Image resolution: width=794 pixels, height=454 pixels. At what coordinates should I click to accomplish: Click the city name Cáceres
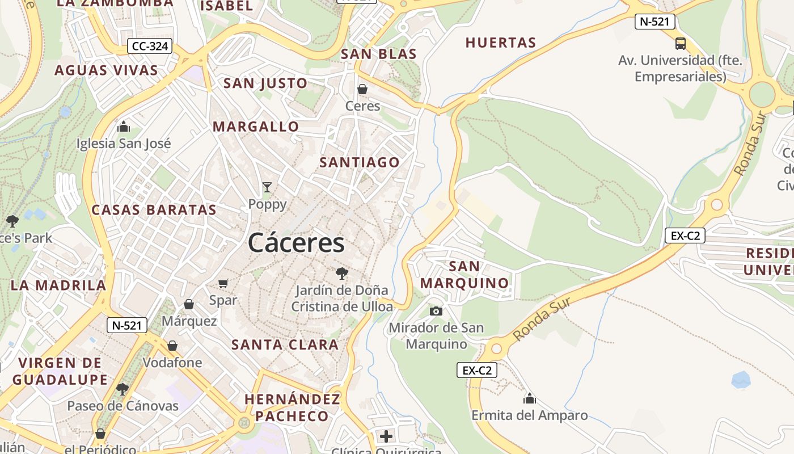pyautogui.click(x=296, y=243)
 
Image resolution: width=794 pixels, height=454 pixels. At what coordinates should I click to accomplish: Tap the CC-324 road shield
pyautogui.click(x=150, y=46)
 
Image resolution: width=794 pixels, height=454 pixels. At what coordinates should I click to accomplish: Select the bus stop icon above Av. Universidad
pyautogui.click(x=681, y=44)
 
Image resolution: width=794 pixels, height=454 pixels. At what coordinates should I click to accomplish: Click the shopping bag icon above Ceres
pyautogui.click(x=362, y=89)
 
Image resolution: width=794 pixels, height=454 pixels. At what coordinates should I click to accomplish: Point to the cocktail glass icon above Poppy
pyautogui.click(x=267, y=187)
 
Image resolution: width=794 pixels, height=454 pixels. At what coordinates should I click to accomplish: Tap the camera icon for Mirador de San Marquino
pyautogui.click(x=436, y=311)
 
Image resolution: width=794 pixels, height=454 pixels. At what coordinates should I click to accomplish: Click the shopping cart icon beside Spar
pyautogui.click(x=223, y=283)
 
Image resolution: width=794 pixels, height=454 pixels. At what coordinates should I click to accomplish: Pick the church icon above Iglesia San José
pyautogui.click(x=124, y=127)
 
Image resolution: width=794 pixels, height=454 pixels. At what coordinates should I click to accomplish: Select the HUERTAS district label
pyautogui.click(x=500, y=43)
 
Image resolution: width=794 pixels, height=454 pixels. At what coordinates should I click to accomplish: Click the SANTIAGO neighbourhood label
pyautogui.click(x=360, y=162)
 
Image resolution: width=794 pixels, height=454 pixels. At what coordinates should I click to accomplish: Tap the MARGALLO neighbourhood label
pyautogui.click(x=255, y=127)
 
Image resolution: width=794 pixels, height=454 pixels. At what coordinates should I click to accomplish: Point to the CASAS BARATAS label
pyautogui.click(x=154, y=210)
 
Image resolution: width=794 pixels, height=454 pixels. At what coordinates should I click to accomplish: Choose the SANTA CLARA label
pyautogui.click(x=285, y=344)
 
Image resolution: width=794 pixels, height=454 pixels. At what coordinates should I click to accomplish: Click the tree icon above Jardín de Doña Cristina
pyautogui.click(x=341, y=274)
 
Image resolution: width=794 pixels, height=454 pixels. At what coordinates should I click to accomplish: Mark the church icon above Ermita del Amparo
pyautogui.click(x=530, y=398)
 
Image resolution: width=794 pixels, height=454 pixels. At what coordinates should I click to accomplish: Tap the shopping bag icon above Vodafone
pyautogui.click(x=172, y=346)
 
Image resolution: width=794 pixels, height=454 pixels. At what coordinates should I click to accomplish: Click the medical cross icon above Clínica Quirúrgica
pyautogui.click(x=386, y=436)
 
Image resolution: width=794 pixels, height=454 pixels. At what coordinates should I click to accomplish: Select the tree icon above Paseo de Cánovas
pyautogui.click(x=122, y=389)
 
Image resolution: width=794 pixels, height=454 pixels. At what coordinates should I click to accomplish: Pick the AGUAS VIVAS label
pyautogui.click(x=106, y=70)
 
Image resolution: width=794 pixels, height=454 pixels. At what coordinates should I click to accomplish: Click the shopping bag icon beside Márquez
pyautogui.click(x=189, y=305)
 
